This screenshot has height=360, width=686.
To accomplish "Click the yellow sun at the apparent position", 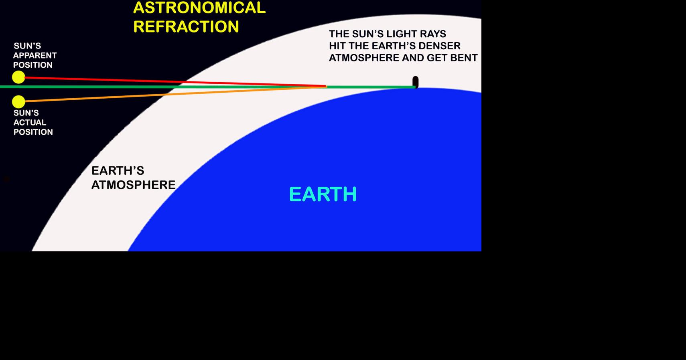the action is click(18, 77).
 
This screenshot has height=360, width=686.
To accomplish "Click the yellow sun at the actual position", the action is click(18, 102).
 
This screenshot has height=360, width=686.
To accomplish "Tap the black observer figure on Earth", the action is click(416, 82).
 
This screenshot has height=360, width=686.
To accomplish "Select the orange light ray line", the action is click(176, 94).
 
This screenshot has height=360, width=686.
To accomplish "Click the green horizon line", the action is click(208, 87).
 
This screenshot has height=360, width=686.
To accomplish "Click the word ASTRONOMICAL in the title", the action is click(199, 8).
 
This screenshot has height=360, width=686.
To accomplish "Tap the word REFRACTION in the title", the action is click(186, 26).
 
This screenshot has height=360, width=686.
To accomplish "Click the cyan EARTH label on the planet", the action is click(323, 194).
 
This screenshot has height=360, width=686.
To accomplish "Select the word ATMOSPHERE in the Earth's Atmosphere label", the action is click(134, 185).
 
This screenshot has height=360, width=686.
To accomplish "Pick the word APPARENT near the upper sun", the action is click(35, 55).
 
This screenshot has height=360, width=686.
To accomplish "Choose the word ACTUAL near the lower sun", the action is click(30, 122).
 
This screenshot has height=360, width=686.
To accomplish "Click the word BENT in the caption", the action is click(464, 58).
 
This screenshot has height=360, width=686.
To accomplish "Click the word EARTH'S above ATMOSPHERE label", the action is click(118, 170).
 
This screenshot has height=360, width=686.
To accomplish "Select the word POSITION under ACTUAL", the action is click(33, 132).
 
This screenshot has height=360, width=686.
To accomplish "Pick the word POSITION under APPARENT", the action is click(33, 65).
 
